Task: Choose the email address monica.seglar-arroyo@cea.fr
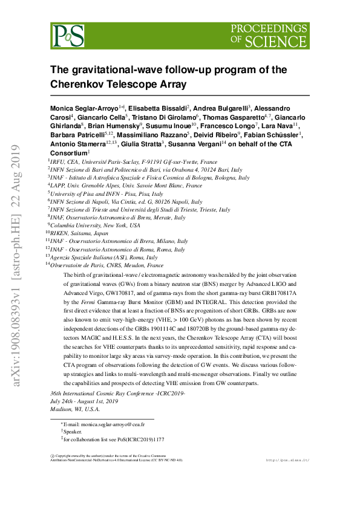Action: [105, 425]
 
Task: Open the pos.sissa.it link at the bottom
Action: [287, 461]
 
